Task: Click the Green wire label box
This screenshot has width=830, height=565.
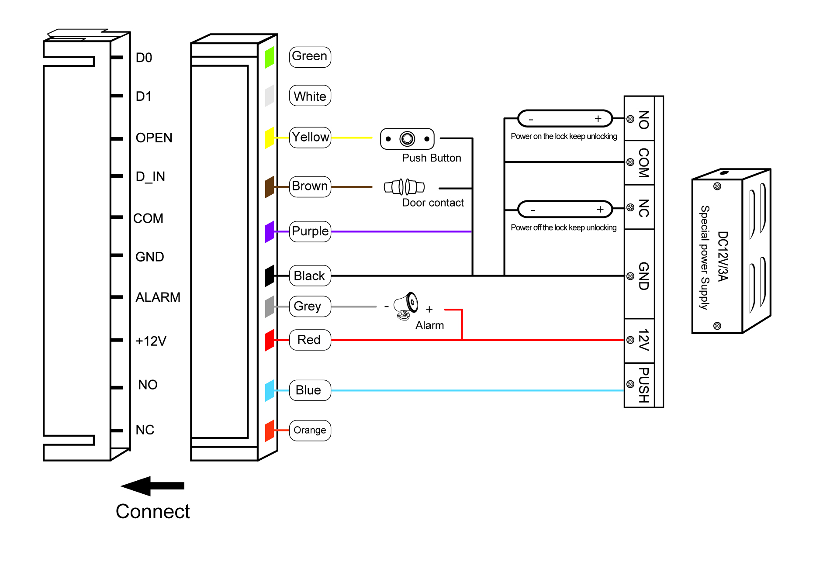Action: [x=310, y=57]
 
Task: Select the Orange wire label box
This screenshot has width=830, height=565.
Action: [x=310, y=431]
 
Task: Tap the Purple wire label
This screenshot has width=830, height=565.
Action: [x=310, y=231]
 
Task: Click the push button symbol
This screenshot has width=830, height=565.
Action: [x=407, y=139]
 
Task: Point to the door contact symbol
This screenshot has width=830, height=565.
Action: [x=404, y=187]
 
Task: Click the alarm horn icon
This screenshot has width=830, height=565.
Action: [x=406, y=306]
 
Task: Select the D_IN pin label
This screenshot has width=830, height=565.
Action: [x=150, y=176]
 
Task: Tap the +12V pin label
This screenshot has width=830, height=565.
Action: [x=151, y=341]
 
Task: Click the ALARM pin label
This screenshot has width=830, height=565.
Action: [x=158, y=297]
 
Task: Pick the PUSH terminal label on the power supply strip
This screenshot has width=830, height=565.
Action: [x=643, y=385]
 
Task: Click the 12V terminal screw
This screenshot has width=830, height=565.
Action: [x=630, y=340]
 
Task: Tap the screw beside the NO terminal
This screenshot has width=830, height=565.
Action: [x=630, y=119]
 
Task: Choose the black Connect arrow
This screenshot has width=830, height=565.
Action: [x=152, y=486]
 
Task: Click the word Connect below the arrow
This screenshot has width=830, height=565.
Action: [x=153, y=511]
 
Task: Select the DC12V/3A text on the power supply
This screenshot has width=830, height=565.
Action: [x=723, y=256]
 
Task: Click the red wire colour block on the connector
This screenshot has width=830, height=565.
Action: [x=270, y=340]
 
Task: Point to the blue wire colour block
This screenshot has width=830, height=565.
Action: [x=270, y=390]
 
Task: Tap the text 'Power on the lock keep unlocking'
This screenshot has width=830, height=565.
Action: [x=564, y=136]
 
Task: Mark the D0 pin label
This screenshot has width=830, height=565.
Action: [x=144, y=58]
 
